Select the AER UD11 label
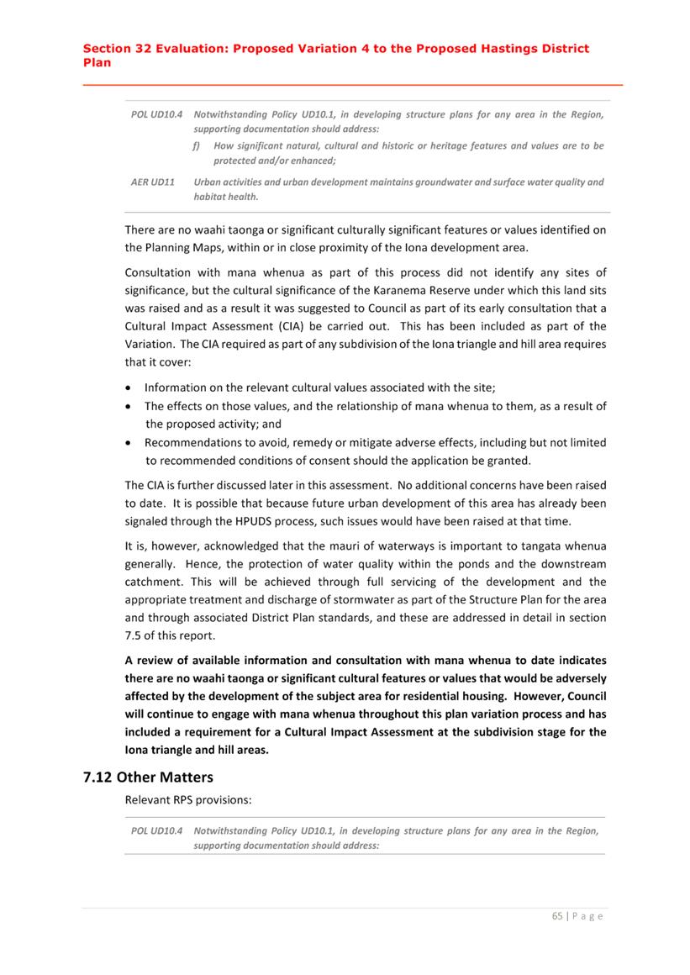[x=152, y=182]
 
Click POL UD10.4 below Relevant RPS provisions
[x=158, y=830]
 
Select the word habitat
[x=212, y=197]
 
